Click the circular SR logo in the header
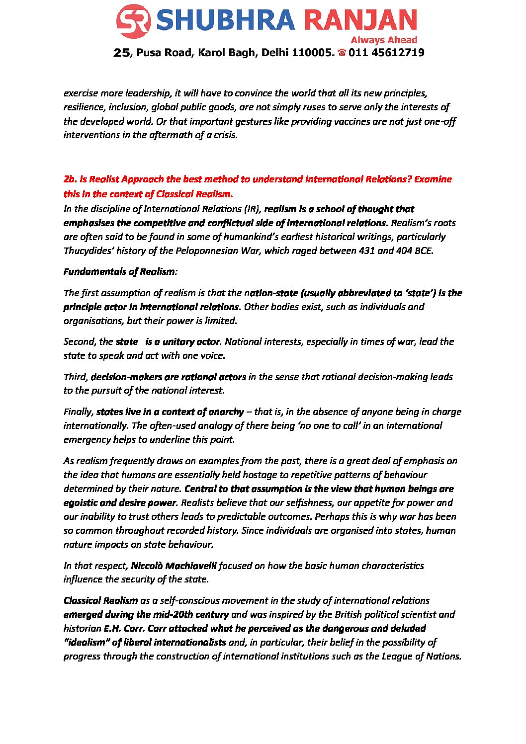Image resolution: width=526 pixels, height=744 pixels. (133, 21)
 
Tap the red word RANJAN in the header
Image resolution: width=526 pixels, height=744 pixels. (360, 21)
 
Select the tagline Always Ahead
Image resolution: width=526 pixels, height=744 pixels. (383, 40)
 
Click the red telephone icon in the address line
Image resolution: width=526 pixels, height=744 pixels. (342, 52)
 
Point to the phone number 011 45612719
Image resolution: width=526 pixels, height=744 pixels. (386, 53)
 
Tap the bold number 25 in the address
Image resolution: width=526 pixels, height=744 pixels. (121, 53)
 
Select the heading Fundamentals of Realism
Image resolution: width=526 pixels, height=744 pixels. (119, 271)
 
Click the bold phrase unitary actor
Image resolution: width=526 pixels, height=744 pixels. (191, 341)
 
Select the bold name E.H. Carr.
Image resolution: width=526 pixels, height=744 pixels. (124, 628)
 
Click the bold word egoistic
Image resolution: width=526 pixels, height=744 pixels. (83, 502)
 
